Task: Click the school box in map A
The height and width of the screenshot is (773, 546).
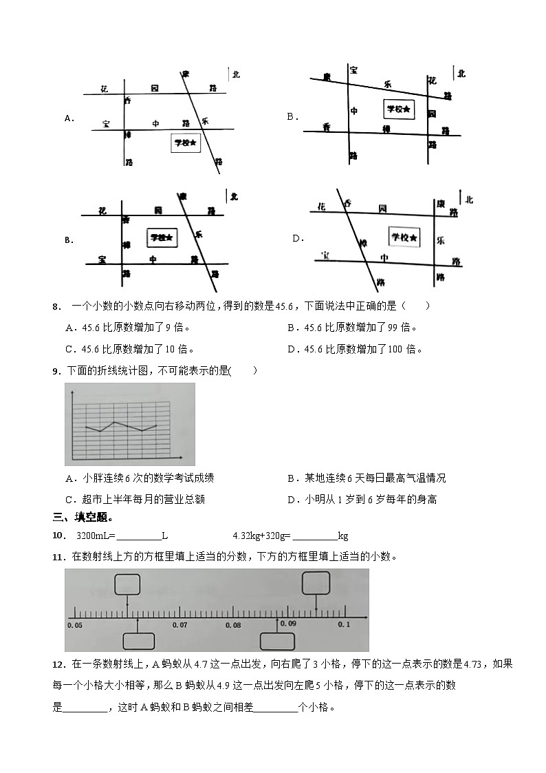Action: [186, 142]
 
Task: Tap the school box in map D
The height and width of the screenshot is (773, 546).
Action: [404, 237]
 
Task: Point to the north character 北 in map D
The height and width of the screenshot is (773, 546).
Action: [469, 200]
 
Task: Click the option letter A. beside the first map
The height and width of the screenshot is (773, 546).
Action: [69, 118]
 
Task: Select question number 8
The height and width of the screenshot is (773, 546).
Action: [56, 306]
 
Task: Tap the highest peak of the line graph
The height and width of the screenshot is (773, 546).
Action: [115, 421]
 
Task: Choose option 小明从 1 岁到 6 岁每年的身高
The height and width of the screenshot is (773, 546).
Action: [365, 499]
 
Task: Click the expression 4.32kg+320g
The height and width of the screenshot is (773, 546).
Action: [263, 536]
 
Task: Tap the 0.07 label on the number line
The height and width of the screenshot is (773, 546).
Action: [179, 625]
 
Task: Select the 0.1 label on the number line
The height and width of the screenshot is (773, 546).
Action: [344, 624]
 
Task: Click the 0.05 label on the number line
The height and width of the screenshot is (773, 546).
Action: [74, 625]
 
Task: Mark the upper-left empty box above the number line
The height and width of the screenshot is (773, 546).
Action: [127, 584]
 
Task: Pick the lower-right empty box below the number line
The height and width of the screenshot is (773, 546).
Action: [277, 641]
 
